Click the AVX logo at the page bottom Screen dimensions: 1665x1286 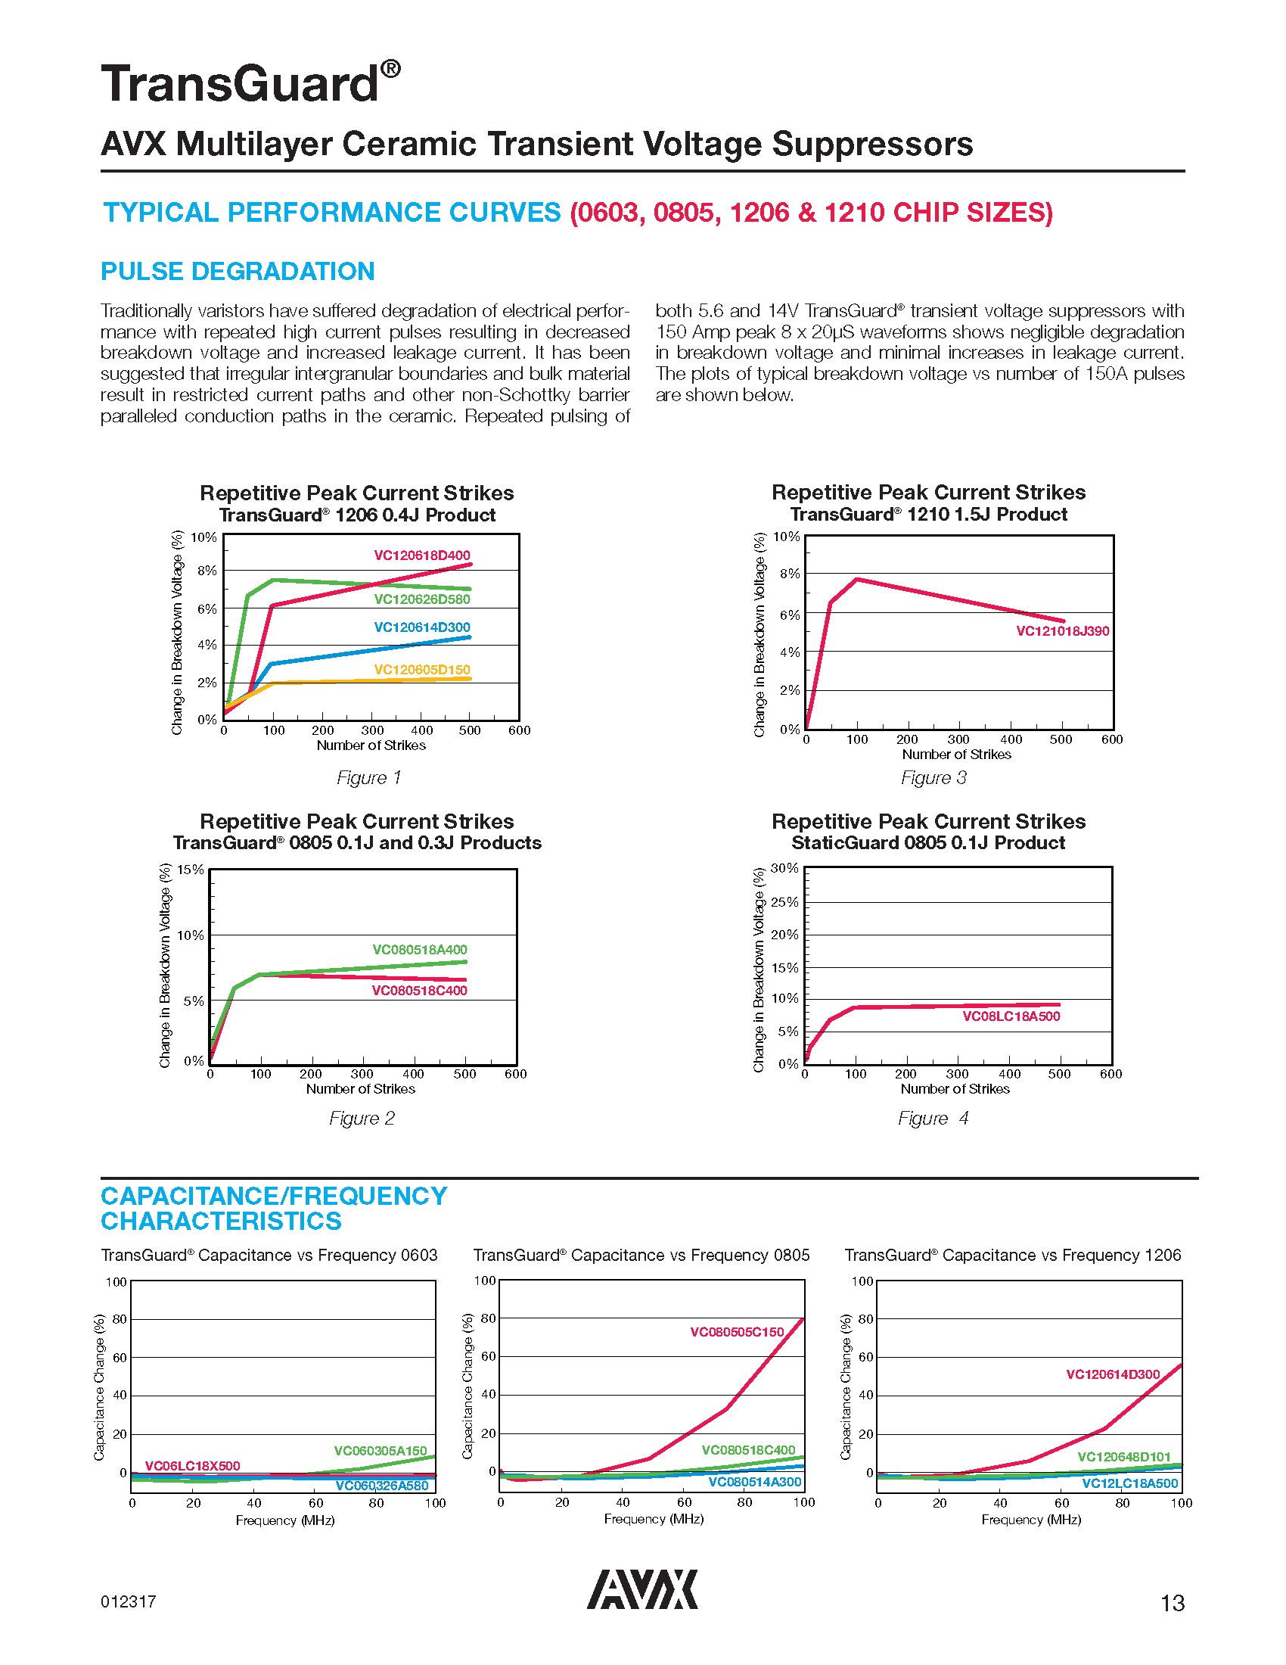(x=641, y=1589)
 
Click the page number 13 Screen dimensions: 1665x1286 (x=1172, y=1603)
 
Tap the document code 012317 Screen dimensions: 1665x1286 (x=128, y=1601)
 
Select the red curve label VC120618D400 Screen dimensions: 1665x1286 (x=421, y=556)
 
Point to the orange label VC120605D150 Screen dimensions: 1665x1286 (x=421, y=670)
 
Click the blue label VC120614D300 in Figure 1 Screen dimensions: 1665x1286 (x=421, y=627)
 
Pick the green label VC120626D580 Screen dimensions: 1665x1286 (x=421, y=599)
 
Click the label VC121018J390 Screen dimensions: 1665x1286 (x=1062, y=631)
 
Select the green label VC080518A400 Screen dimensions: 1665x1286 (x=419, y=950)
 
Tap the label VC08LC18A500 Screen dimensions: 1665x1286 (x=1011, y=1016)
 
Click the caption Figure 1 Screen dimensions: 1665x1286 (x=368, y=777)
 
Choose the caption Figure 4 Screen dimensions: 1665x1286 (x=933, y=1119)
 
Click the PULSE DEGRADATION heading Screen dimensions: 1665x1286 (x=238, y=272)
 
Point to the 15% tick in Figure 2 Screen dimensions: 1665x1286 (x=191, y=870)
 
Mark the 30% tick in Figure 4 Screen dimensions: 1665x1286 (x=784, y=868)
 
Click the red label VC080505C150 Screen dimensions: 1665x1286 (x=737, y=1332)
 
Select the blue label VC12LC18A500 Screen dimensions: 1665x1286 (x=1130, y=1483)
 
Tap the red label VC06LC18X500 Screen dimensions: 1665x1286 (x=192, y=1466)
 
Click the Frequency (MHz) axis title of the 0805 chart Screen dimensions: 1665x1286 (x=654, y=1520)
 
